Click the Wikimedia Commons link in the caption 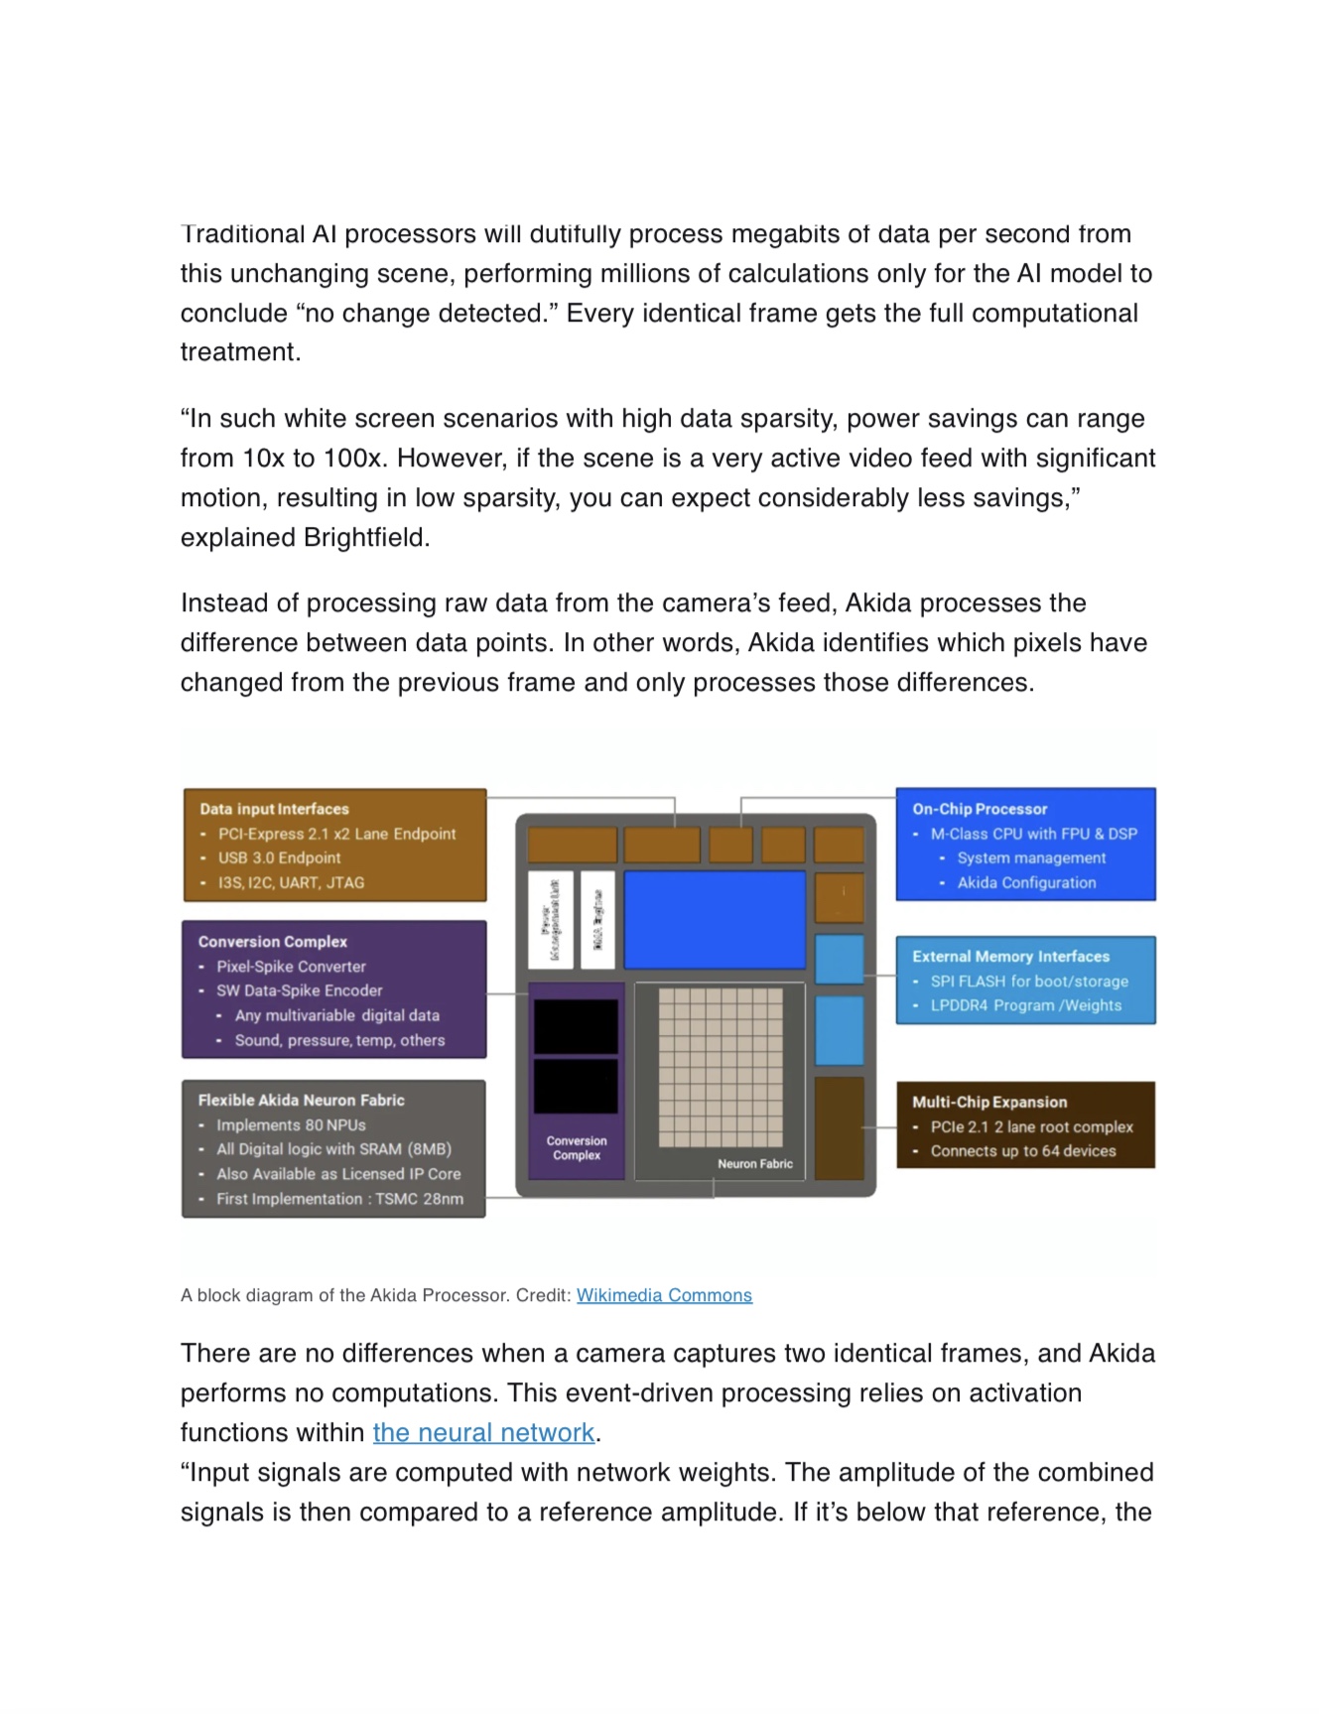(x=664, y=1295)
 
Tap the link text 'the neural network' (x=483, y=1432)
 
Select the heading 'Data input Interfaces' (x=274, y=809)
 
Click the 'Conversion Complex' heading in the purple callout (x=273, y=941)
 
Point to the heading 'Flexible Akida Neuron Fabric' (x=301, y=1100)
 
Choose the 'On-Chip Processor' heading (x=980, y=809)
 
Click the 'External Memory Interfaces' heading (x=1010, y=956)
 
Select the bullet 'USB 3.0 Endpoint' (x=279, y=857)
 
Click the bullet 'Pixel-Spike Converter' (x=291, y=966)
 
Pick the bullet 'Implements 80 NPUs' (x=291, y=1124)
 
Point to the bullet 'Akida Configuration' (x=1026, y=882)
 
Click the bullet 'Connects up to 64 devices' (x=1022, y=1151)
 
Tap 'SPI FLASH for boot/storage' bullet (x=1029, y=981)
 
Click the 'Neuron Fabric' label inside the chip (x=755, y=1163)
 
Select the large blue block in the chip (x=715, y=919)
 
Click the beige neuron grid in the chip (x=721, y=1067)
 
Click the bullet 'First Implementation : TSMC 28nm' (x=339, y=1198)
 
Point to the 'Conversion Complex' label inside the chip (x=577, y=1148)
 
